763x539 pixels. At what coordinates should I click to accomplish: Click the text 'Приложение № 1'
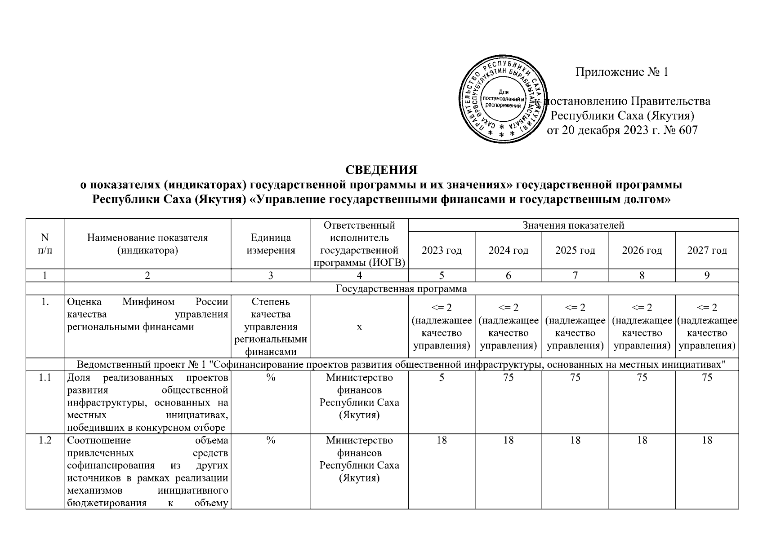622,72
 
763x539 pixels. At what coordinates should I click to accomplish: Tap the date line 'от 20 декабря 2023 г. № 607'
622,131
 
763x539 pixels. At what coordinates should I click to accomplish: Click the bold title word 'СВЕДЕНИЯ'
381,170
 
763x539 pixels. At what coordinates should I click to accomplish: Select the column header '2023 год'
442,251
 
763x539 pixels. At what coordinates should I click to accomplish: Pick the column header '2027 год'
707,251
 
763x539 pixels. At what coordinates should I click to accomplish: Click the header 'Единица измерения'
271,244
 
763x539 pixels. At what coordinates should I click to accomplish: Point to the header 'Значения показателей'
573,225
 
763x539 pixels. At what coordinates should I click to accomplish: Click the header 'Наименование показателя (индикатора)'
147,244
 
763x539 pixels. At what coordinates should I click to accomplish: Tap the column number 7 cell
575,276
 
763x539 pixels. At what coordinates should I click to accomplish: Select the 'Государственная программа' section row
402,289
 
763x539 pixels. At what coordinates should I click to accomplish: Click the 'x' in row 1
359,327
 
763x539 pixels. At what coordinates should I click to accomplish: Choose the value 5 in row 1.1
442,378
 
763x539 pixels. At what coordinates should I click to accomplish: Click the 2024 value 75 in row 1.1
509,378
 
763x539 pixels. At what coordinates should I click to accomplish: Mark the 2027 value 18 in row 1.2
707,441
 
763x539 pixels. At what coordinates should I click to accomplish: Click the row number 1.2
45,441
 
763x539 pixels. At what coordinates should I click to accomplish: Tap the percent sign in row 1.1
271,378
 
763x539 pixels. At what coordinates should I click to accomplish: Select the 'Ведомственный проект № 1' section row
402,364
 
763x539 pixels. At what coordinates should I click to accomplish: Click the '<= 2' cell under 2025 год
575,327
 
